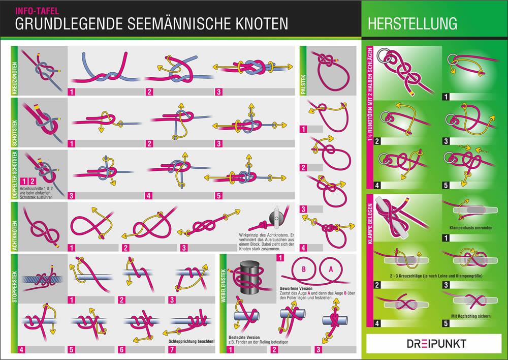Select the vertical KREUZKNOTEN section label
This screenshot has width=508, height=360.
[x=14, y=71]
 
